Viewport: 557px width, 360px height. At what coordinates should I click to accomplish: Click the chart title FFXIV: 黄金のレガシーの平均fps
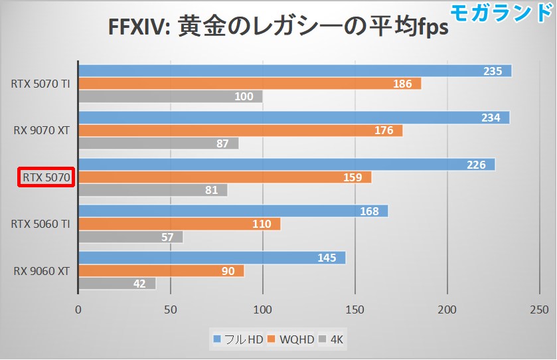tap(278, 29)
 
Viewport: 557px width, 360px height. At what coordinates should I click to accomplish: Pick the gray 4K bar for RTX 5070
tap(153, 191)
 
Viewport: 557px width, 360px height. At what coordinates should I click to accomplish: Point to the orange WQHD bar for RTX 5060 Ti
tap(179, 224)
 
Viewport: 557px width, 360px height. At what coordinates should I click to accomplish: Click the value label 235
tap(492, 71)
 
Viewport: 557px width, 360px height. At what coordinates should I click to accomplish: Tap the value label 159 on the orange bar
tap(353, 177)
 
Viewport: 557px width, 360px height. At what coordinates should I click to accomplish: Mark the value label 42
tap(139, 284)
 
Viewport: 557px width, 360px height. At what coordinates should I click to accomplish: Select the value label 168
tap(369, 211)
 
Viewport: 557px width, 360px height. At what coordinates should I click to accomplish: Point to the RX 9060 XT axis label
tap(42, 270)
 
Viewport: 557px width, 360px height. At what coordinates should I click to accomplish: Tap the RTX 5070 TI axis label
tap(40, 84)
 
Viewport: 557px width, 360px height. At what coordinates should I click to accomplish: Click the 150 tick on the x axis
tap(355, 309)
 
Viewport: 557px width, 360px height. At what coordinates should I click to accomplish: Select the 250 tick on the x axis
tap(540, 309)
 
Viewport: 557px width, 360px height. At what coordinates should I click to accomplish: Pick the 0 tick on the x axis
tap(78, 309)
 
